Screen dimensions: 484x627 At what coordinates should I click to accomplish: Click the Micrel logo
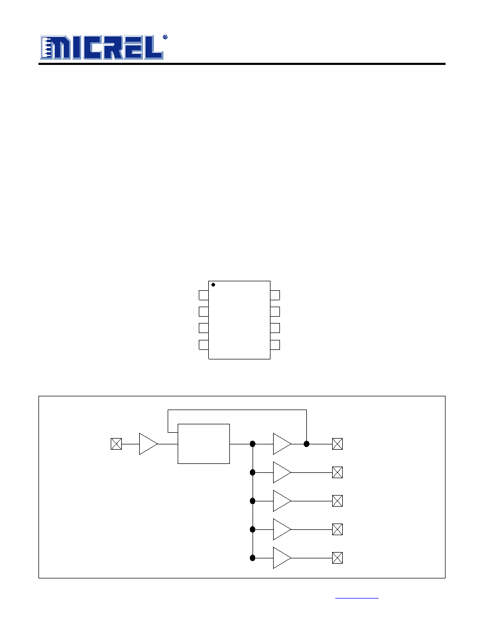pyautogui.click(x=102, y=47)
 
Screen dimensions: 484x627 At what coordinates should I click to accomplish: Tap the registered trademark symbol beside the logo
pyautogui.click(x=166, y=37)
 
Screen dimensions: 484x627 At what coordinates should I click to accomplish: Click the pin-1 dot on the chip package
pyautogui.click(x=213, y=284)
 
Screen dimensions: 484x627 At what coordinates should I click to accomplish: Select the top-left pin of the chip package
pyautogui.click(x=204, y=295)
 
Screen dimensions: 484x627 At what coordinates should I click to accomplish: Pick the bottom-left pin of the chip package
pyautogui.click(x=204, y=345)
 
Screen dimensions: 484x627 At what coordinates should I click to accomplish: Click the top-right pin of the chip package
pyautogui.click(x=275, y=295)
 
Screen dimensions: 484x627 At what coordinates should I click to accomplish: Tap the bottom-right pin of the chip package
pyautogui.click(x=275, y=345)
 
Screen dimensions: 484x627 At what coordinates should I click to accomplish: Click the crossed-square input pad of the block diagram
pyautogui.click(x=116, y=444)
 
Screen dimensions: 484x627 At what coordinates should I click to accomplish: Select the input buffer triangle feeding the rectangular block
pyautogui.click(x=148, y=444)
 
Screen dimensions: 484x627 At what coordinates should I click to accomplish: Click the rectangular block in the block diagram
pyautogui.click(x=204, y=444)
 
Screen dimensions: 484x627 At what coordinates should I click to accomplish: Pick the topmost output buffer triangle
pyautogui.click(x=282, y=444)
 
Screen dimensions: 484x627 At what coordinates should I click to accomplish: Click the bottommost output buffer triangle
pyautogui.click(x=282, y=558)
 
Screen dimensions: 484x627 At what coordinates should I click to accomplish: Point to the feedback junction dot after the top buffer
pyautogui.click(x=307, y=444)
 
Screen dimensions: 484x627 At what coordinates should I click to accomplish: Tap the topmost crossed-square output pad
pyautogui.click(x=337, y=444)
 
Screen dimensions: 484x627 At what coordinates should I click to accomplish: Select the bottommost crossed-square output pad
pyautogui.click(x=337, y=558)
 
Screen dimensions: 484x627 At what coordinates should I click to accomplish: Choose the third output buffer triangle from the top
pyautogui.click(x=282, y=501)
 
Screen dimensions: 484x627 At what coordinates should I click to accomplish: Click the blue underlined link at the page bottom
pyautogui.click(x=357, y=598)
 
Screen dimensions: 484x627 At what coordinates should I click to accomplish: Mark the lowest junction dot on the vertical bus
pyautogui.click(x=253, y=558)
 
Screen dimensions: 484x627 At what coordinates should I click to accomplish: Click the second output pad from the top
pyautogui.click(x=337, y=473)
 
